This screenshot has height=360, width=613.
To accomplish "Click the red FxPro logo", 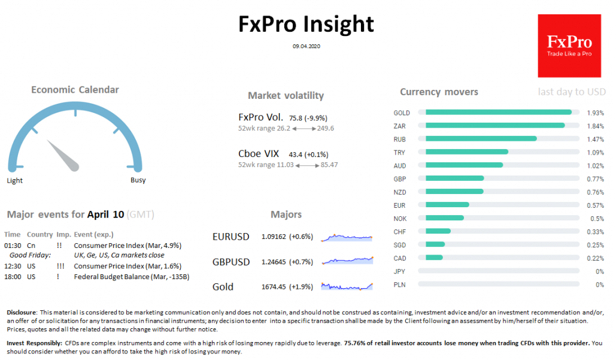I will click(x=569, y=46).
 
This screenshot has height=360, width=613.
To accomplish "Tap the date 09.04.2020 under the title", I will click(x=306, y=46).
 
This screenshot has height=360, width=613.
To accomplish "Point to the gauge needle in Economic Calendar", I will click(x=64, y=154).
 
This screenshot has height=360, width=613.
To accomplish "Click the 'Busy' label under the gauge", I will click(x=138, y=180).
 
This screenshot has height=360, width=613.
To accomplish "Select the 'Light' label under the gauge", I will click(x=15, y=180).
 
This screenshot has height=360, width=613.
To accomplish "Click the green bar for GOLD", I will click(x=498, y=112).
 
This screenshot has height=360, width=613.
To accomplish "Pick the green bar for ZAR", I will click(x=494, y=125).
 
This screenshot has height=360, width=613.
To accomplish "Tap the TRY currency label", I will click(x=399, y=152).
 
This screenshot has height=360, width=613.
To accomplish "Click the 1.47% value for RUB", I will click(x=595, y=139).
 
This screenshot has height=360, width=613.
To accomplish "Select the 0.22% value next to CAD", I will click(x=595, y=258).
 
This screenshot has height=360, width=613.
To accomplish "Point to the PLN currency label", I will click(x=399, y=285).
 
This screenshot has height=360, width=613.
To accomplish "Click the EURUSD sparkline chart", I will click(x=347, y=238).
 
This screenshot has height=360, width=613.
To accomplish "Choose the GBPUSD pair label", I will click(x=230, y=262).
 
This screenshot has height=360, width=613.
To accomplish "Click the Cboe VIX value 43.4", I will click(x=296, y=154).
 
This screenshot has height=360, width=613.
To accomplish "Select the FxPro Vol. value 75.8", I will click(x=296, y=118).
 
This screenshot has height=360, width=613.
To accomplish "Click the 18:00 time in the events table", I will click(x=12, y=277).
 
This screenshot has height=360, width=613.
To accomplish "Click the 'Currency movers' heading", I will click(x=439, y=92).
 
